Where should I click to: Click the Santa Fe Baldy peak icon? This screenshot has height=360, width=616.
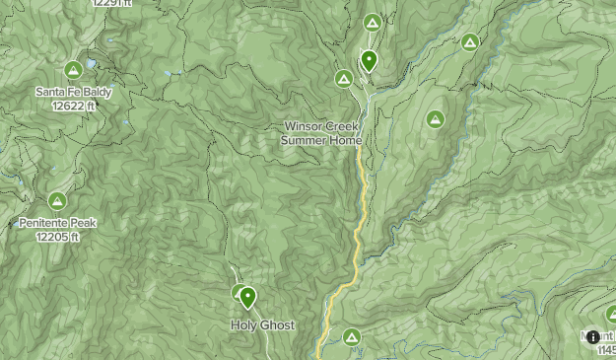click(x=72, y=70)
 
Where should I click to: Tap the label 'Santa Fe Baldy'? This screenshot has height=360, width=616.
click(x=73, y=93)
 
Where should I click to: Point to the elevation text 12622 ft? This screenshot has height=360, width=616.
click(x=73, y=105)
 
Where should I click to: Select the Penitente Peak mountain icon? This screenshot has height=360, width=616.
click(x=57, y=201)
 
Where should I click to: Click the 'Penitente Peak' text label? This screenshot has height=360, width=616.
click(x=57, y=223)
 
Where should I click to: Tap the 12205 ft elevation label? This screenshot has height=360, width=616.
click(x=57, y=236)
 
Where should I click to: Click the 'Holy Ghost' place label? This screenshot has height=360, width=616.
click(x=262, y=324)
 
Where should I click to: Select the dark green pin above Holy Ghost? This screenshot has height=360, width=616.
click(x=247, y=296)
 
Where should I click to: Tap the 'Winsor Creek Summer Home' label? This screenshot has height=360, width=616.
click(x=321, y=133)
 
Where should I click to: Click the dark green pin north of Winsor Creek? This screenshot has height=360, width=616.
click(x=369, y=61)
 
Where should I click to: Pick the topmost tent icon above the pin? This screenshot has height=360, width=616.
click(x=372, y=23)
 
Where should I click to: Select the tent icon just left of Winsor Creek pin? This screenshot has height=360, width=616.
click(x=343, y=78)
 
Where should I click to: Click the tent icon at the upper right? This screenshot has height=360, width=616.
click(x=470, y=42)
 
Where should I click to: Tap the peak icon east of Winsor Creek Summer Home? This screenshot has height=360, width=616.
click(x=435, y=119)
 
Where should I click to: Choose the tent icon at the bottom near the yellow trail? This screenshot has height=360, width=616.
click(x=352, y=338)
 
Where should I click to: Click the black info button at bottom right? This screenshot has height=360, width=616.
click(x=592, y=337)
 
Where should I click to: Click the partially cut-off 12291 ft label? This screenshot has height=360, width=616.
click(x=109, y=4)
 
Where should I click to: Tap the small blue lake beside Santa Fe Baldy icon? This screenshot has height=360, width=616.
click(x=91, y=64)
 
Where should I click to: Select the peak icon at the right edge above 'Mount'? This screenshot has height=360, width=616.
click(x=611, y=314)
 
